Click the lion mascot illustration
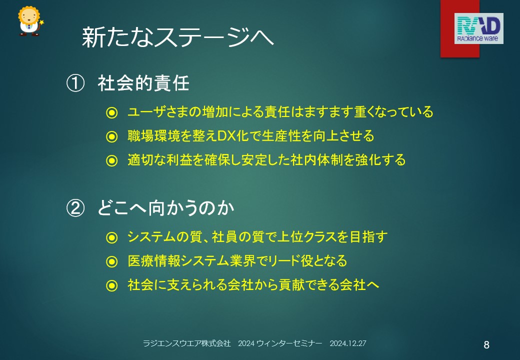tap(30, 21)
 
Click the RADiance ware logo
tap(478, 28)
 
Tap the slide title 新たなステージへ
tap(178, 37)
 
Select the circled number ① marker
tap(75, 83)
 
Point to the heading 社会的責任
tap(143, 83)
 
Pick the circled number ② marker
tap(75, 208)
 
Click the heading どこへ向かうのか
tap(166, 208)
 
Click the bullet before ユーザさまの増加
tap(112, 112)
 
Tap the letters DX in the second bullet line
tap(227, 136)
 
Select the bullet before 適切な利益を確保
tap(112, 161)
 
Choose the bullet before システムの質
tap(112, 237)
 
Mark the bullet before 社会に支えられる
tap(112, 285)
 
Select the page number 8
tap(486, 345)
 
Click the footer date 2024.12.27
tap(348, 343)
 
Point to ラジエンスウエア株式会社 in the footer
tap(186, 343)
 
